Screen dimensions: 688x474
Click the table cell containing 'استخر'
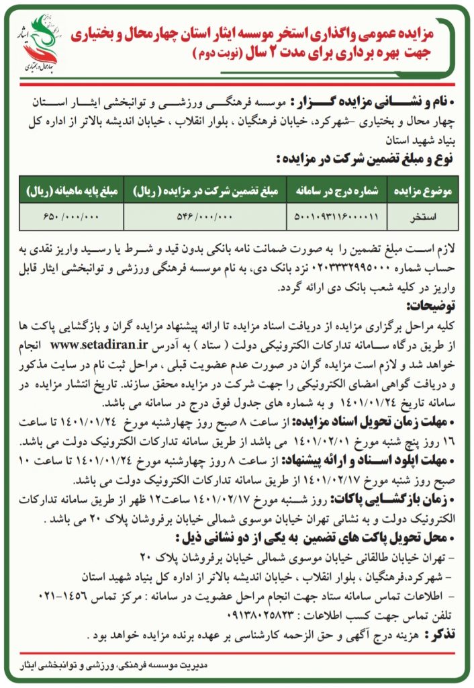coord(423,217)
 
